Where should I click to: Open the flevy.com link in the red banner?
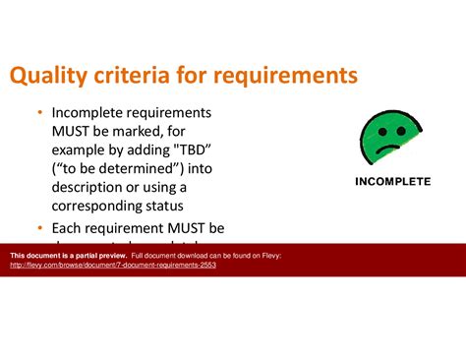(113, 266)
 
